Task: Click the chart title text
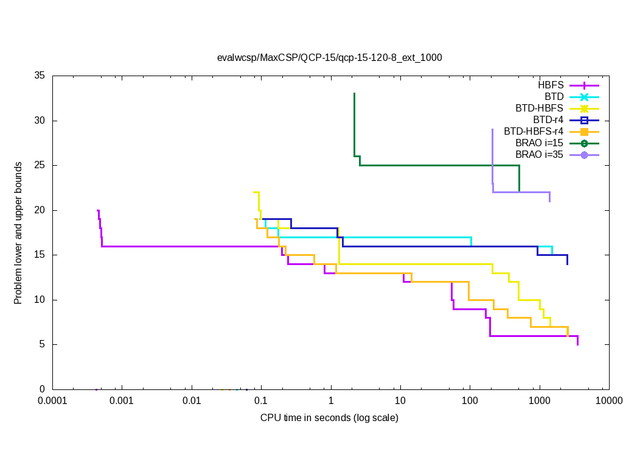[329, 58]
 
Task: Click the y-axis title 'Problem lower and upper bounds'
[19, 233]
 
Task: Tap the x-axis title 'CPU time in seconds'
[329, 418]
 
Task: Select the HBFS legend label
[551, 85]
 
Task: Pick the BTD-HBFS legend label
[539, 108]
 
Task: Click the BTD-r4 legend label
[548, 119]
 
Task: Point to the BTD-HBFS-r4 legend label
[534, 131]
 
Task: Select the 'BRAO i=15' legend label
[539, 143]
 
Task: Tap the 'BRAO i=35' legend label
[539, 154]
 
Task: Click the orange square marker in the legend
[584, 131]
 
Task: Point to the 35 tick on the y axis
[40, 76]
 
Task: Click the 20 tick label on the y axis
[40, 210]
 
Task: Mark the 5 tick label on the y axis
[43, 344]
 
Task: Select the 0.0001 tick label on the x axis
[52, 401]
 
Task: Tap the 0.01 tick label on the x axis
[192, 401]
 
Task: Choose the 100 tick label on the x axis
[470, 401]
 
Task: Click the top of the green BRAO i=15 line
[354, 93]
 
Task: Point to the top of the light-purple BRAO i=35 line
[492, 129]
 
